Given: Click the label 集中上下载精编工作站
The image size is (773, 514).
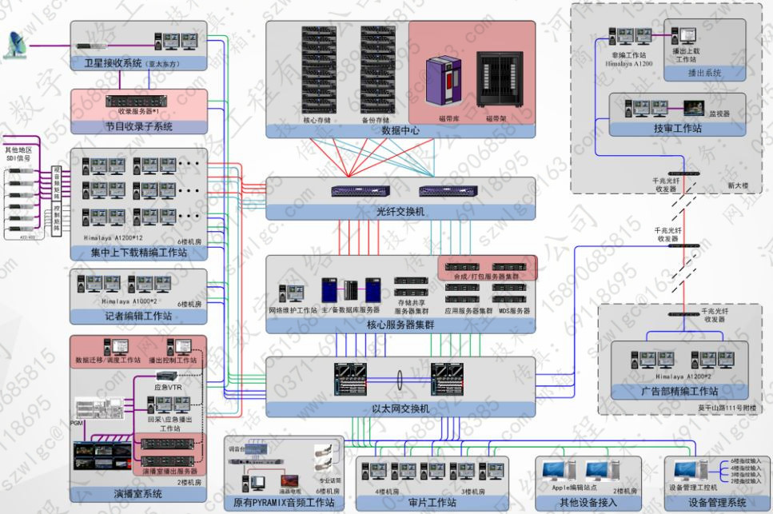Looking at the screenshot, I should coord(137,253).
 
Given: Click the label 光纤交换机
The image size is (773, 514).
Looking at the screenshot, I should coord(401,213).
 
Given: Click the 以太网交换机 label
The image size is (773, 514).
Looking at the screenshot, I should coord(401,408).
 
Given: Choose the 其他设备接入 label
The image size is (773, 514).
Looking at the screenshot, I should coord(588,502).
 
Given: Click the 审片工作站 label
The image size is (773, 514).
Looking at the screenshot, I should coord(432,502).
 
